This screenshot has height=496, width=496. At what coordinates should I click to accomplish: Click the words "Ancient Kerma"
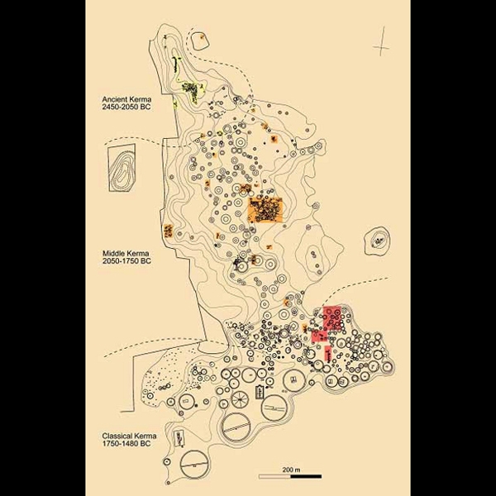(x=126, y=99)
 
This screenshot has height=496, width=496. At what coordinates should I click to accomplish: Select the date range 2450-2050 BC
(x=126, y=107)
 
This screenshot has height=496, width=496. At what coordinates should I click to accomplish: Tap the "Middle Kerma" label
(x=126, y=254)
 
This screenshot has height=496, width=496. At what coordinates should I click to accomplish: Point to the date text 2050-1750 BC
(x=126, y=261)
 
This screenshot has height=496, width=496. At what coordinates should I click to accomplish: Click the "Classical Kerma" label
(x=129, y=436)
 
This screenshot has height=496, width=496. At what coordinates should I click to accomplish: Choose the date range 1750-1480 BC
(x=126, y=443)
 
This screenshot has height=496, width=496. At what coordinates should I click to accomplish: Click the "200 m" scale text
(x=291, y=470)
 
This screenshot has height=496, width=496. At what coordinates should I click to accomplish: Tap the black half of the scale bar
(x=306, y=476)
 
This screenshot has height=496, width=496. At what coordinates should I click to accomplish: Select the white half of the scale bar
(x=275, y=476)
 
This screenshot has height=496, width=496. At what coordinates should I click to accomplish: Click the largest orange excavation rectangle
(x=265, y=210)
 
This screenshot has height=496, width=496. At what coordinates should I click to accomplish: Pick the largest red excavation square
(x=332, y=318)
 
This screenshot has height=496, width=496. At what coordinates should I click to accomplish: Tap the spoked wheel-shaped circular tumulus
(x=241, y=399)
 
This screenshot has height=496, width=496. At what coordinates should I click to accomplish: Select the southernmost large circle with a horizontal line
(x=194, y=464)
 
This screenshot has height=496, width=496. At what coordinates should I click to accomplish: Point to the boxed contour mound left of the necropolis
(x=122, y=168)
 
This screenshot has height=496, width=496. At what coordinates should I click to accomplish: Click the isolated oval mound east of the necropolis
(x=377, y=241)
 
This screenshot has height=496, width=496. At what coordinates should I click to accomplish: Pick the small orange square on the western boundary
(x=168, y=231)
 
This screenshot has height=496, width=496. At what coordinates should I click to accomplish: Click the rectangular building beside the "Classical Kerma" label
(x=179, y=438)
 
